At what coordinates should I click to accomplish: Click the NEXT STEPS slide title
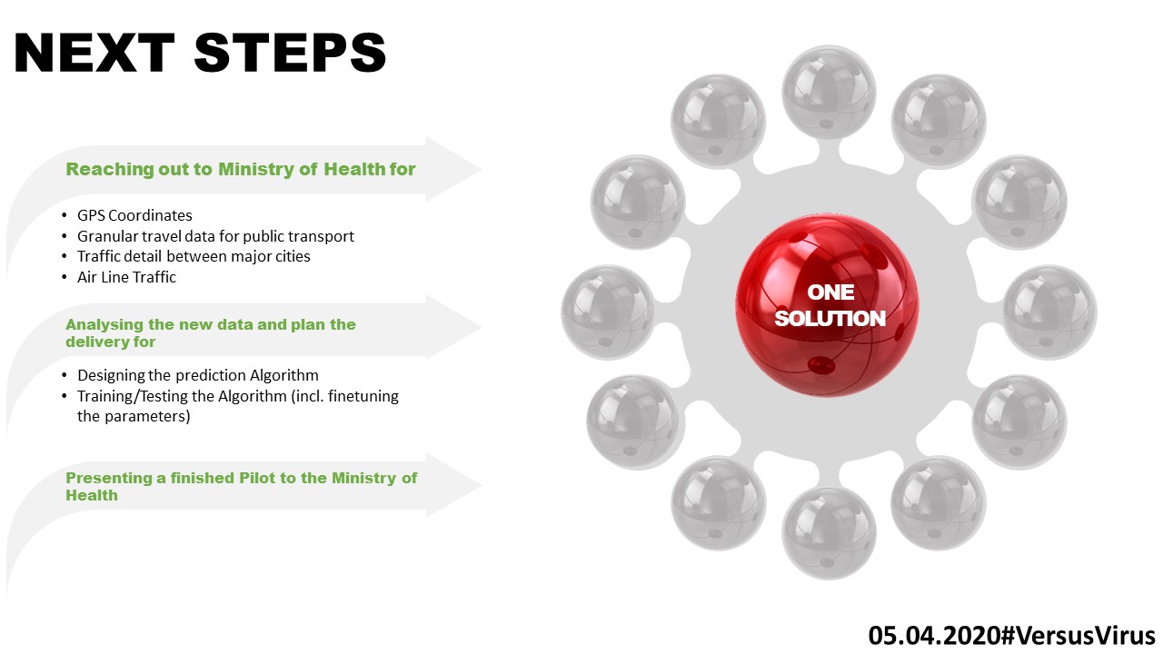pos(200,53)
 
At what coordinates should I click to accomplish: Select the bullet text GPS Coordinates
pos(134,215)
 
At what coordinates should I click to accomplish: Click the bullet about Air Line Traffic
pos(126,277)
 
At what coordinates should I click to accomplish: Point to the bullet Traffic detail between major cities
pos(194,256)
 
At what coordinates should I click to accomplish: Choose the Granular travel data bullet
pos(215,236)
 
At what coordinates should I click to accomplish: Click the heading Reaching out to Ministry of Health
pos(241,169)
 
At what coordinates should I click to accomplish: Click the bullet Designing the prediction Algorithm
pos(197,374)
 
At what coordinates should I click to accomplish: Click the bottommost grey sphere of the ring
pos(829,533)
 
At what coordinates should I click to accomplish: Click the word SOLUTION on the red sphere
pos(830,319)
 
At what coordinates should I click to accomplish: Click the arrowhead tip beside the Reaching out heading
pos(476,169)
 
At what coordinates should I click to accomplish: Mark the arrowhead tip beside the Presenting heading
pos(476,486)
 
